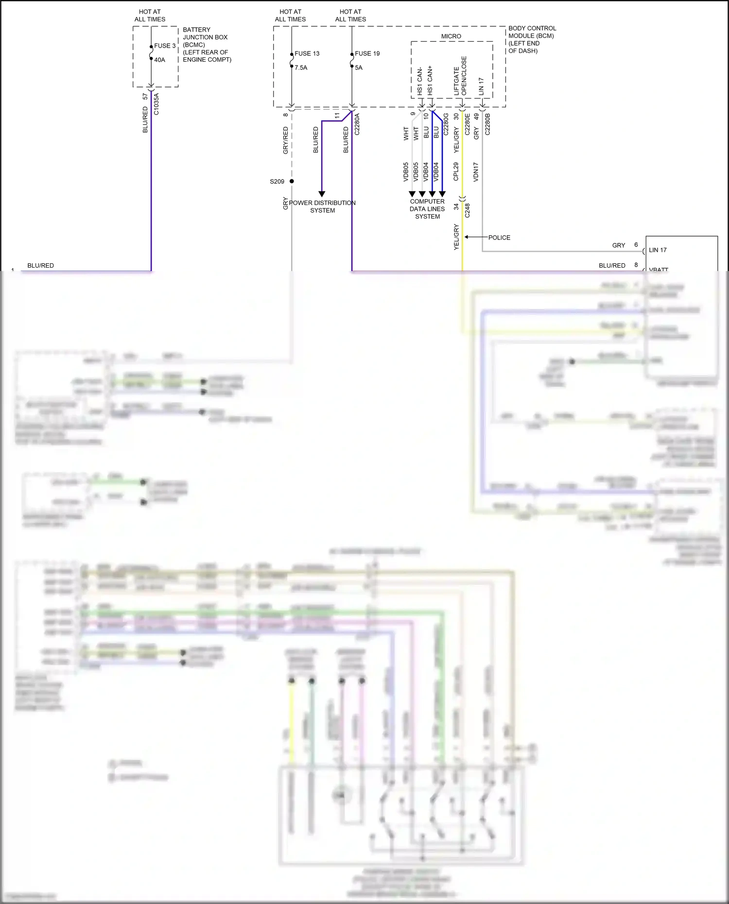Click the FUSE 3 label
coord(165,46)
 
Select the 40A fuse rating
coord(159,60)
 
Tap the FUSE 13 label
coord(307,53)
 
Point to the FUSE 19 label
coord(367,53)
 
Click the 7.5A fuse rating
coord(301,68)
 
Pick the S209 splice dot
coord(292,181)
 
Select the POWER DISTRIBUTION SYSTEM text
coord(322,206)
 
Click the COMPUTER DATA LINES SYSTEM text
coord(427,209)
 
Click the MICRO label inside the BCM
coord(451,36)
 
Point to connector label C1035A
coord(156,104)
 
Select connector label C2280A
coord(357,124)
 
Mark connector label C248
coord(467,210)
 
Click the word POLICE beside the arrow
coord(499,238)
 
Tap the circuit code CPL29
coord(456,171)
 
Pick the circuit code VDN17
coord(476,172)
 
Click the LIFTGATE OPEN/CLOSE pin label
coord(460,77)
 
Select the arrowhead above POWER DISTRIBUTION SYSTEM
coord(322,194)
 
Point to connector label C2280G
coord(446,124)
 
